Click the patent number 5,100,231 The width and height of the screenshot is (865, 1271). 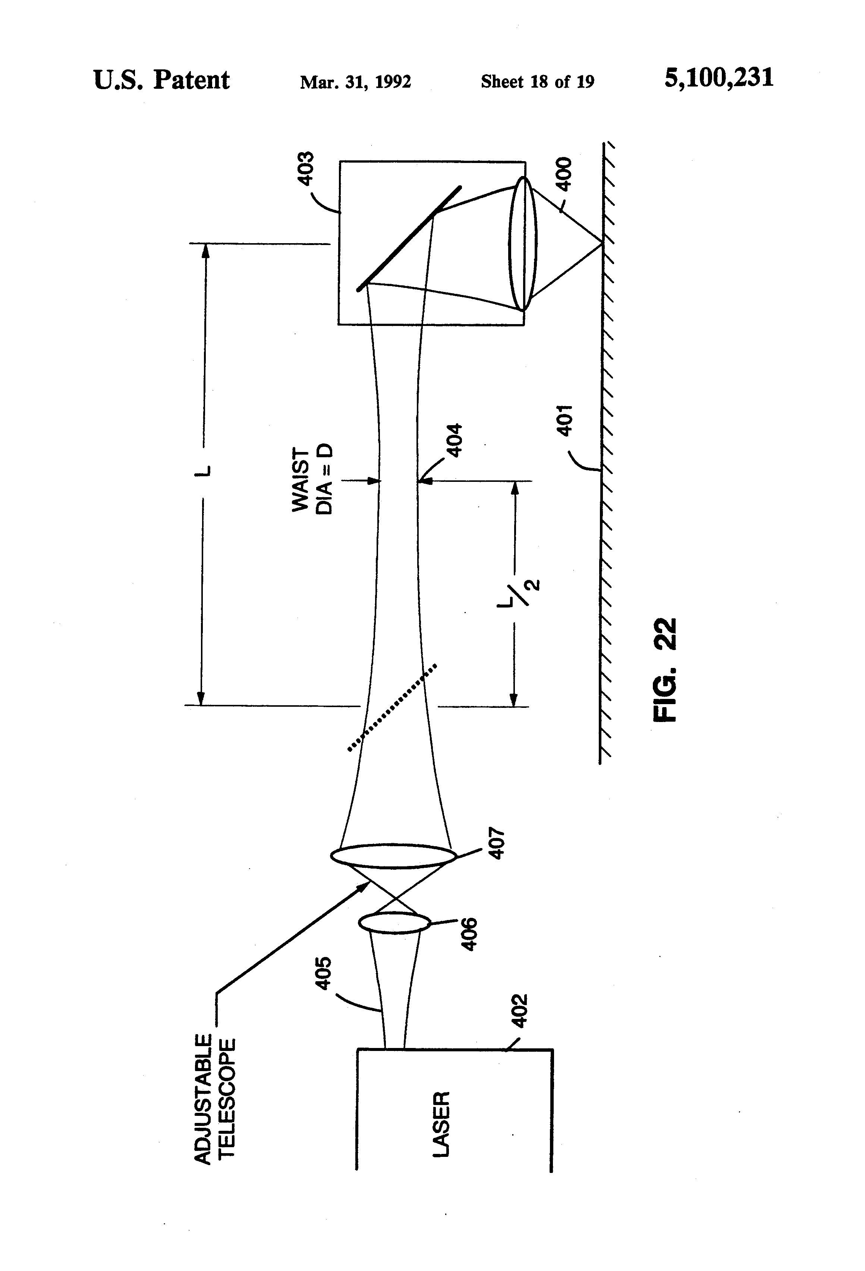pos(718,79)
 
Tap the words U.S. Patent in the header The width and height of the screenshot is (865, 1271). pos(161,81)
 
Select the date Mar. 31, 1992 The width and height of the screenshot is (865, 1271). pos(355,82)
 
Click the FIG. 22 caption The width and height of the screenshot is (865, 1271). pos(666,669)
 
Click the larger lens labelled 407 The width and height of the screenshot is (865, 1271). pos(393,856)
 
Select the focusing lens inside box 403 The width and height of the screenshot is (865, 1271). pos(523,244)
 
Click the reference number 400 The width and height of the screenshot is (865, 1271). pos(564,173)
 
